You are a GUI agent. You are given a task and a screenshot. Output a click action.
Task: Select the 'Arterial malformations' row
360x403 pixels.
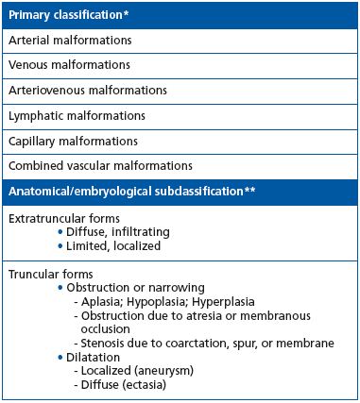(x=70, y=42)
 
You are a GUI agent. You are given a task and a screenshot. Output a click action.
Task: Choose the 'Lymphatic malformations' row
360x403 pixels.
(x=74, y=115)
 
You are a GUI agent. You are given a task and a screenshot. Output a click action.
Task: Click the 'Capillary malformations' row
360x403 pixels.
(x=73, y=141)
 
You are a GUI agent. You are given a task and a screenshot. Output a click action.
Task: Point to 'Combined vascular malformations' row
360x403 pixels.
(x=99, y=165)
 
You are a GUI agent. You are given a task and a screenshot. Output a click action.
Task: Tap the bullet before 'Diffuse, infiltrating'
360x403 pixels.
(x=61, y=232)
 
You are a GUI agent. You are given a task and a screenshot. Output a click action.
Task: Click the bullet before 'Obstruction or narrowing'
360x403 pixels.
(x=61, y=288)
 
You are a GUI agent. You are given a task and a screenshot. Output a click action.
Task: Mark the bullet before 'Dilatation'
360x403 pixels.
(x=61, y=359)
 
